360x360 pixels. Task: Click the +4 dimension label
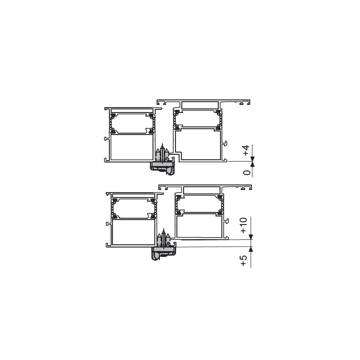pos(246,150)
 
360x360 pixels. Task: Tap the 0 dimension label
pos(247,172)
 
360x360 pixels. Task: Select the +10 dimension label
pos(243,225)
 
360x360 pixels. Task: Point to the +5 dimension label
pos(243,261)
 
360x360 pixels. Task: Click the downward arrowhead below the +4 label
pos(252,159)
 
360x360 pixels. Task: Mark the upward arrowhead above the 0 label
pos(252,164)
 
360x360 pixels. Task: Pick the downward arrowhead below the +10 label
pos(251,237)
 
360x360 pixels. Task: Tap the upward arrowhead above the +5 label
pos(251,249)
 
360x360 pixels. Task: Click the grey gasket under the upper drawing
pos(162,168)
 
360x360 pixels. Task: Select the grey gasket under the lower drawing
pos(164,253)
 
